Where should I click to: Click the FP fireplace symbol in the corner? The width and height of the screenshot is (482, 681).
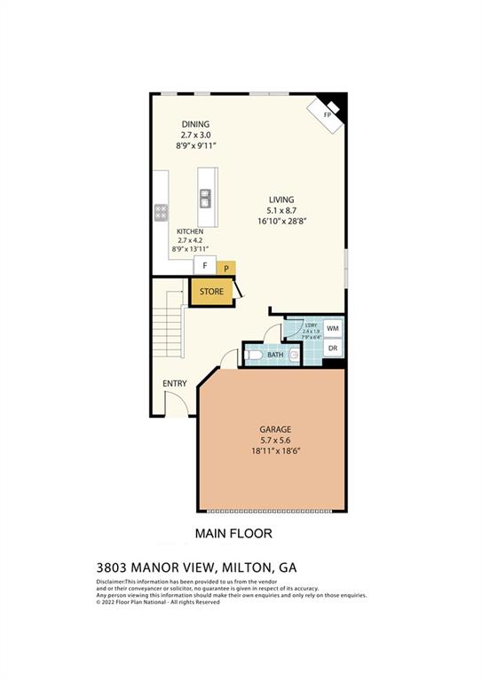328,113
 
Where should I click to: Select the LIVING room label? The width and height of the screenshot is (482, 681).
282,200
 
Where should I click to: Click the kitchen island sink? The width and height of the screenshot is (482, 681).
206,198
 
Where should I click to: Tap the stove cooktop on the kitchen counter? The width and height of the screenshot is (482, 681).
162,212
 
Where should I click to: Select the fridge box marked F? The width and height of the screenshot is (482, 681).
205,265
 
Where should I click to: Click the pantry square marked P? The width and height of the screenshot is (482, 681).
226,267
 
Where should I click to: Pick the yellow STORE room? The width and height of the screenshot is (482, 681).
211,292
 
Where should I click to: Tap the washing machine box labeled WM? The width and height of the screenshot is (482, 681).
333,328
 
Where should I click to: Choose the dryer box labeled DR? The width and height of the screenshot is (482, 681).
333,348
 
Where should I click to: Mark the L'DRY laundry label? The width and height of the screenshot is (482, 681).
312,325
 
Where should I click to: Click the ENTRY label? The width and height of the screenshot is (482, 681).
174,383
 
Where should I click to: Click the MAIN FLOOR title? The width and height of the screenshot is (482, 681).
233,534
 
